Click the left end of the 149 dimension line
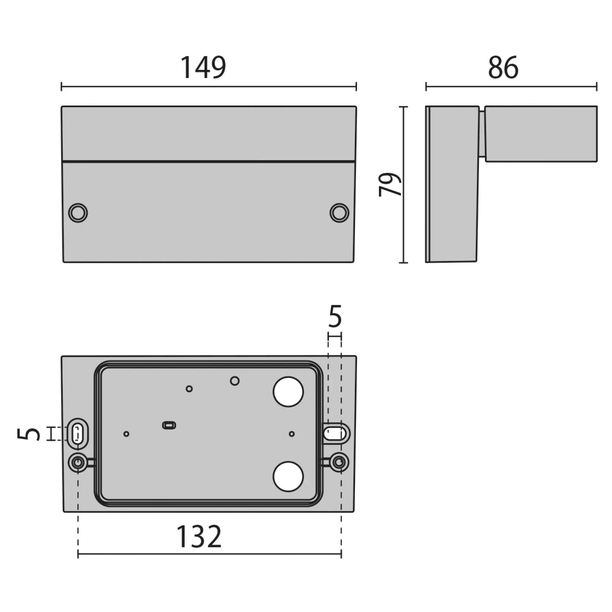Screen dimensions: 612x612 point(62,87)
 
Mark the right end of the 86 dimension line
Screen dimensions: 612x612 point(597,87)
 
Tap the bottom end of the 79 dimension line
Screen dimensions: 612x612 point(403,263)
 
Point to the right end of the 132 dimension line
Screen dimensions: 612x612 point(341,554)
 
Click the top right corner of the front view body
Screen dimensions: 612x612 point(356,106)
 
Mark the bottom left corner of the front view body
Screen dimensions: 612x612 point(63,262)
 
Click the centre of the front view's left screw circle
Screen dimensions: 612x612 point(78,213)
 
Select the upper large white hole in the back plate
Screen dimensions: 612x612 point(288,392)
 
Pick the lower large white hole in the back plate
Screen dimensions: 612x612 point(288,476)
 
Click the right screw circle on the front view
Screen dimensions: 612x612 point(339,213)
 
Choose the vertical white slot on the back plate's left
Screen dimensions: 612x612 point(77,434)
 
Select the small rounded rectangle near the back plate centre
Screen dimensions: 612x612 point(169,425)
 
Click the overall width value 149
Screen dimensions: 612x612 point(203,67)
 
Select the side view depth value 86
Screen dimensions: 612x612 point(503,67)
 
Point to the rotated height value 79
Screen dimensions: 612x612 point(390,185)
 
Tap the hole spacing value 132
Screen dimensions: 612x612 point(199,536)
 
